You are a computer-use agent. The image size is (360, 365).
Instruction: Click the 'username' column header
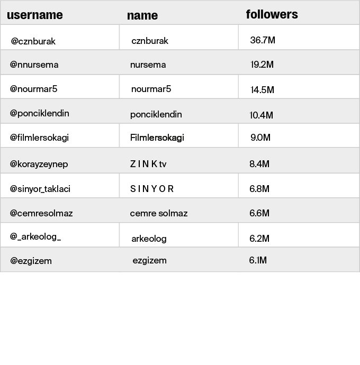click(35, 15)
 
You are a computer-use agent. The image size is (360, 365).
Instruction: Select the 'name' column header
click(142, 15)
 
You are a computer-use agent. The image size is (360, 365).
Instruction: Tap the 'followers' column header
click(272, 14)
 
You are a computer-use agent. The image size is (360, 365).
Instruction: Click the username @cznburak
click(33, 41)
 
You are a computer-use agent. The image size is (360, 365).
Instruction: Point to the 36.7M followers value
click(263, 40)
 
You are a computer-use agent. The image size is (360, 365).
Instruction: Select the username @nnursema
click(34, 65)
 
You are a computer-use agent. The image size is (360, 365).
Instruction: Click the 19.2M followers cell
click(262, 65)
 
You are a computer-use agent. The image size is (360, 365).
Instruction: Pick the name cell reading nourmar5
click(151, 89)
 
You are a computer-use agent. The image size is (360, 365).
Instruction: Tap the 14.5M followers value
click(262, 89)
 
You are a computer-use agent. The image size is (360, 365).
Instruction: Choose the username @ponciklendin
click(40, 113)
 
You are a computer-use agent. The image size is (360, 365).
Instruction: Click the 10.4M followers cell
click(262, 115)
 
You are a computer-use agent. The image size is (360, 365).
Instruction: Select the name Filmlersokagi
click(157, 138)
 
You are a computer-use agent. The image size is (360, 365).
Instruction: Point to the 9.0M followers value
click(260, 138)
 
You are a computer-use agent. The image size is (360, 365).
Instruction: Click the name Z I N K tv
click(148, 164)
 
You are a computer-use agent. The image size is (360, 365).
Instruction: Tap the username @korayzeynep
click(39, 164)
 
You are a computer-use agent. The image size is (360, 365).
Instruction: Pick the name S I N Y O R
click(152, 188)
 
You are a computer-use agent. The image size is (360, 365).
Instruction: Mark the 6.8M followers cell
click(259, 188)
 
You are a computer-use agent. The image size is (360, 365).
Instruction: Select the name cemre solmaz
click(159, 213)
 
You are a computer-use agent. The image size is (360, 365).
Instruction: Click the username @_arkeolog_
click(35, 236)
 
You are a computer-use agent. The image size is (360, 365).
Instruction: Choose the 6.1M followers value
click(258, 260)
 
